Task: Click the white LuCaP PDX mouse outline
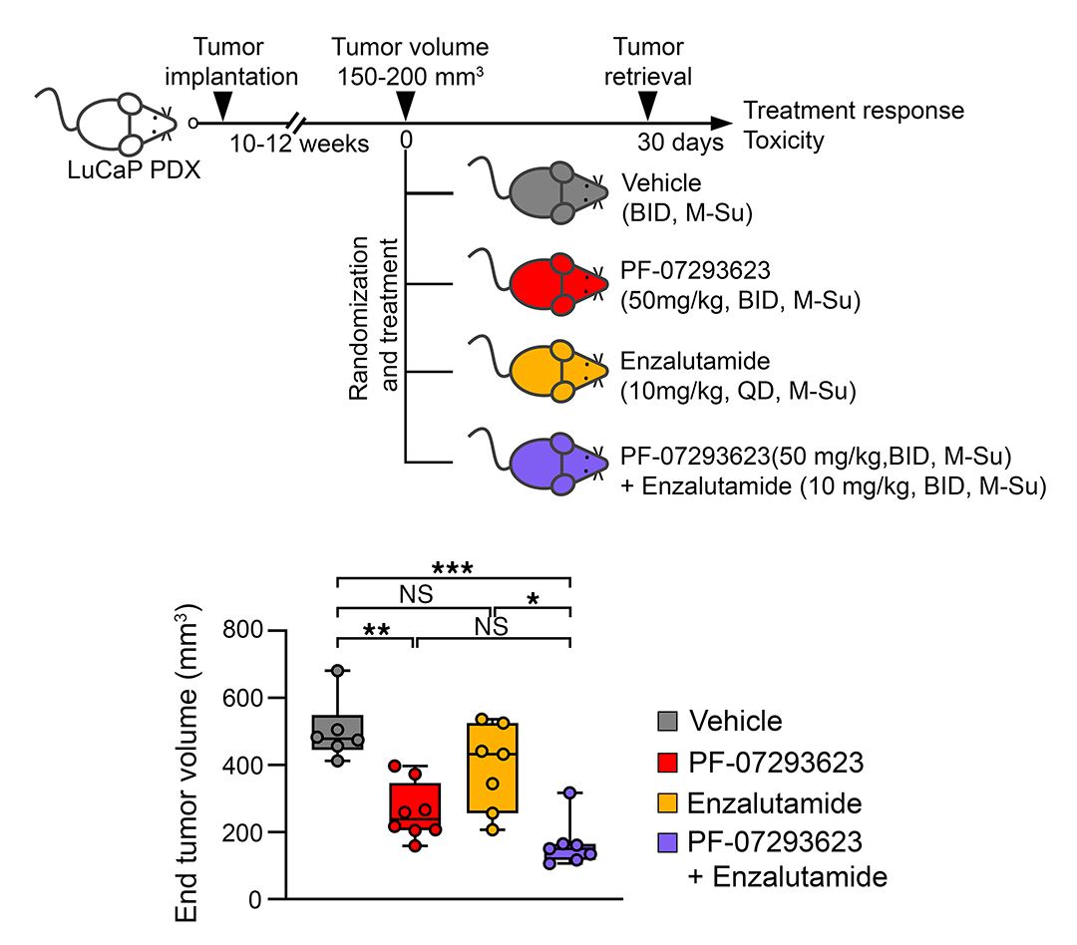pos(110,123)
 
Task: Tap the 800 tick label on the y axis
pos(241,630)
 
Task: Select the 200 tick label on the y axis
pos(241,832)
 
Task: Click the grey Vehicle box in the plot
pos(338,732)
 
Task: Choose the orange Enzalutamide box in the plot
pos(493,768)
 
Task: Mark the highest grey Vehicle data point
pos(338,670)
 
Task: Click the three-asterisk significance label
pos(453,568)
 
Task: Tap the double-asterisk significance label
pos(376,630)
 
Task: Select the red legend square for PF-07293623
pos(667,763)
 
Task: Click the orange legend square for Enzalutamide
pos(667,802)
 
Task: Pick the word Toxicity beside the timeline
pos(784,141)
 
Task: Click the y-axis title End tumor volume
pos(186,763)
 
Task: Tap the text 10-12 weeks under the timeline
pos(299,144)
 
